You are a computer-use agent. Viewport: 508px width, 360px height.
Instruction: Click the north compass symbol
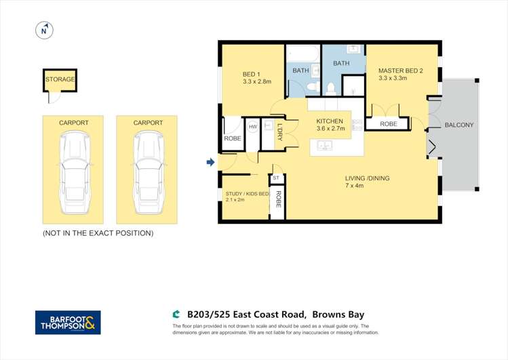44,31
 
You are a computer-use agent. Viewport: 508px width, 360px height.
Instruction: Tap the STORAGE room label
60,79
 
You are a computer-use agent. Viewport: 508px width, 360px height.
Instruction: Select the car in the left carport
74,173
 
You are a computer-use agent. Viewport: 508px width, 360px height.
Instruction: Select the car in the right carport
149,173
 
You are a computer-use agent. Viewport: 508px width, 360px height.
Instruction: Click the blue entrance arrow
210,162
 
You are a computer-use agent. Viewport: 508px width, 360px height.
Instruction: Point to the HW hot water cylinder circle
253,127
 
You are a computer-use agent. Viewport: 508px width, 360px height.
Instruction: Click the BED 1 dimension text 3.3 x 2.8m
257,81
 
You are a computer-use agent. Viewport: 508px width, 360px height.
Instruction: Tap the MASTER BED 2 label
401,71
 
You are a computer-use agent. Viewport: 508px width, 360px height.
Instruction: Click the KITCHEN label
330,121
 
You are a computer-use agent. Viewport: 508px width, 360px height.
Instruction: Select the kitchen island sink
324,146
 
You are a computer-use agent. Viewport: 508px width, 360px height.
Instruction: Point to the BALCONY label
459,125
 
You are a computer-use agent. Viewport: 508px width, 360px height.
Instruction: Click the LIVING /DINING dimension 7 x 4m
355,186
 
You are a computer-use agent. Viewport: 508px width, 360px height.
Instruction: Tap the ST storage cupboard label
276,178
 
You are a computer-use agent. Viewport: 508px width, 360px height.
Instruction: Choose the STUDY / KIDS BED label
247,194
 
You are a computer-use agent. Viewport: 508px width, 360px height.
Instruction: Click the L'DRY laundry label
280,132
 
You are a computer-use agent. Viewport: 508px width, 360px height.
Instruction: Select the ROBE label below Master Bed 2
389,124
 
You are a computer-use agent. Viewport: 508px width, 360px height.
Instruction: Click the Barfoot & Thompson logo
68,323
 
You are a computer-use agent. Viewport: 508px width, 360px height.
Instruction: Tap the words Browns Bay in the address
338,315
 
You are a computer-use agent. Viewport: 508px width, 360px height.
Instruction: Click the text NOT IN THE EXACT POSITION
98,233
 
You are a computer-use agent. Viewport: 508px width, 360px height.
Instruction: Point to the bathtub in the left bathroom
303,54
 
